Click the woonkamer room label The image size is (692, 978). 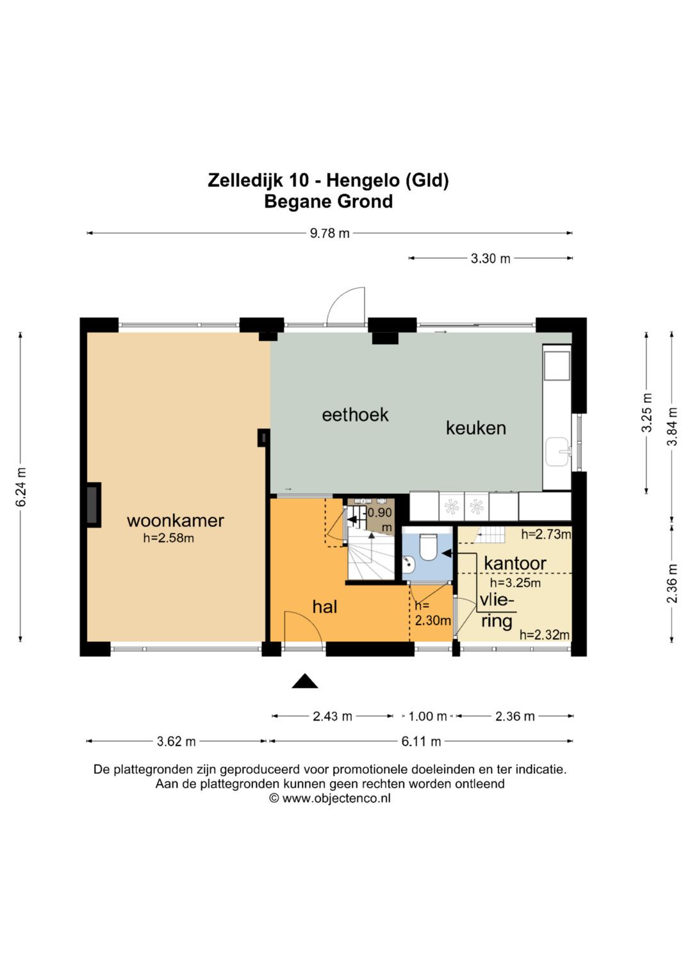click(x=175, y=521)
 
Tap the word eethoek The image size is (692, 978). click(x=355, y=415)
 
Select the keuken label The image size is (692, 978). click(x=475, y=428)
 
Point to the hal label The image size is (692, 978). click(x=325, y=607)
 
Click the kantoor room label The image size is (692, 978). click(x=515, y=563)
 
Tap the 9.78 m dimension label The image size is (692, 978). click(x=330, y=233)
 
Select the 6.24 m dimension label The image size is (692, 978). click(x=21, y=487)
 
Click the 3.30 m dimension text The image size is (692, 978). click(x=490, y=259)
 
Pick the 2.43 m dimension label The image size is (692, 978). click(x=332, y=717)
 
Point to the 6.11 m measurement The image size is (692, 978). click(x=421, y=742)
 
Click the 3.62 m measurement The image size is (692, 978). click(x=176, y=742)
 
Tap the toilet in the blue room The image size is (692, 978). click(x=427, y=546)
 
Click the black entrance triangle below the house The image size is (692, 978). click(x=304, y=681)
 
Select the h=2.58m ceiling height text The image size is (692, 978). click(x=168, y=539)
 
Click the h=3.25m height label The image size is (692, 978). click(x=515, y=582)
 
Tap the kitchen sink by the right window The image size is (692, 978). click(x=558, y=452)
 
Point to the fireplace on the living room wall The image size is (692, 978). click(x=94, y=505)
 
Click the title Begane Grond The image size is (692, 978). click(x=329, y=202)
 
